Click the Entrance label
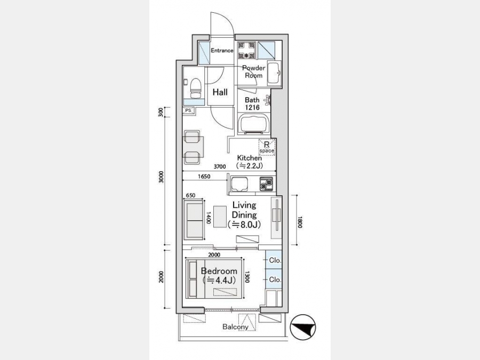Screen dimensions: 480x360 coord(222,50)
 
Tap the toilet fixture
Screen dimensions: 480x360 coord(196,87)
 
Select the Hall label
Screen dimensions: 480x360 coord(220,92)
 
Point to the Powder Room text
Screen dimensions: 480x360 coord(253,71)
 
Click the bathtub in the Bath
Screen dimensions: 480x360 coord(253,124)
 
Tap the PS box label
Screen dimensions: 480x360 coord(188,110)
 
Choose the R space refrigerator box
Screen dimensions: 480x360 coord(267,147)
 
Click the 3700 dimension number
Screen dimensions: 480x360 coord(220,166)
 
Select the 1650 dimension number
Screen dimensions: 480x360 coord(204,177)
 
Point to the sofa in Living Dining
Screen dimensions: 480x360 coord(194,220)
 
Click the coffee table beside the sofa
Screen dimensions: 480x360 coord(220,217)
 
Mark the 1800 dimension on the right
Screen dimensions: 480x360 coord(300,222)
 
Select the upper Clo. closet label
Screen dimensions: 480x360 coord(275,260)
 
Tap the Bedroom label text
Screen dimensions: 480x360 coord(219,271)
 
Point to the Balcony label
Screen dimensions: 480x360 coord(235,326)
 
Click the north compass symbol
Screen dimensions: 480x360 coord(302,327)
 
